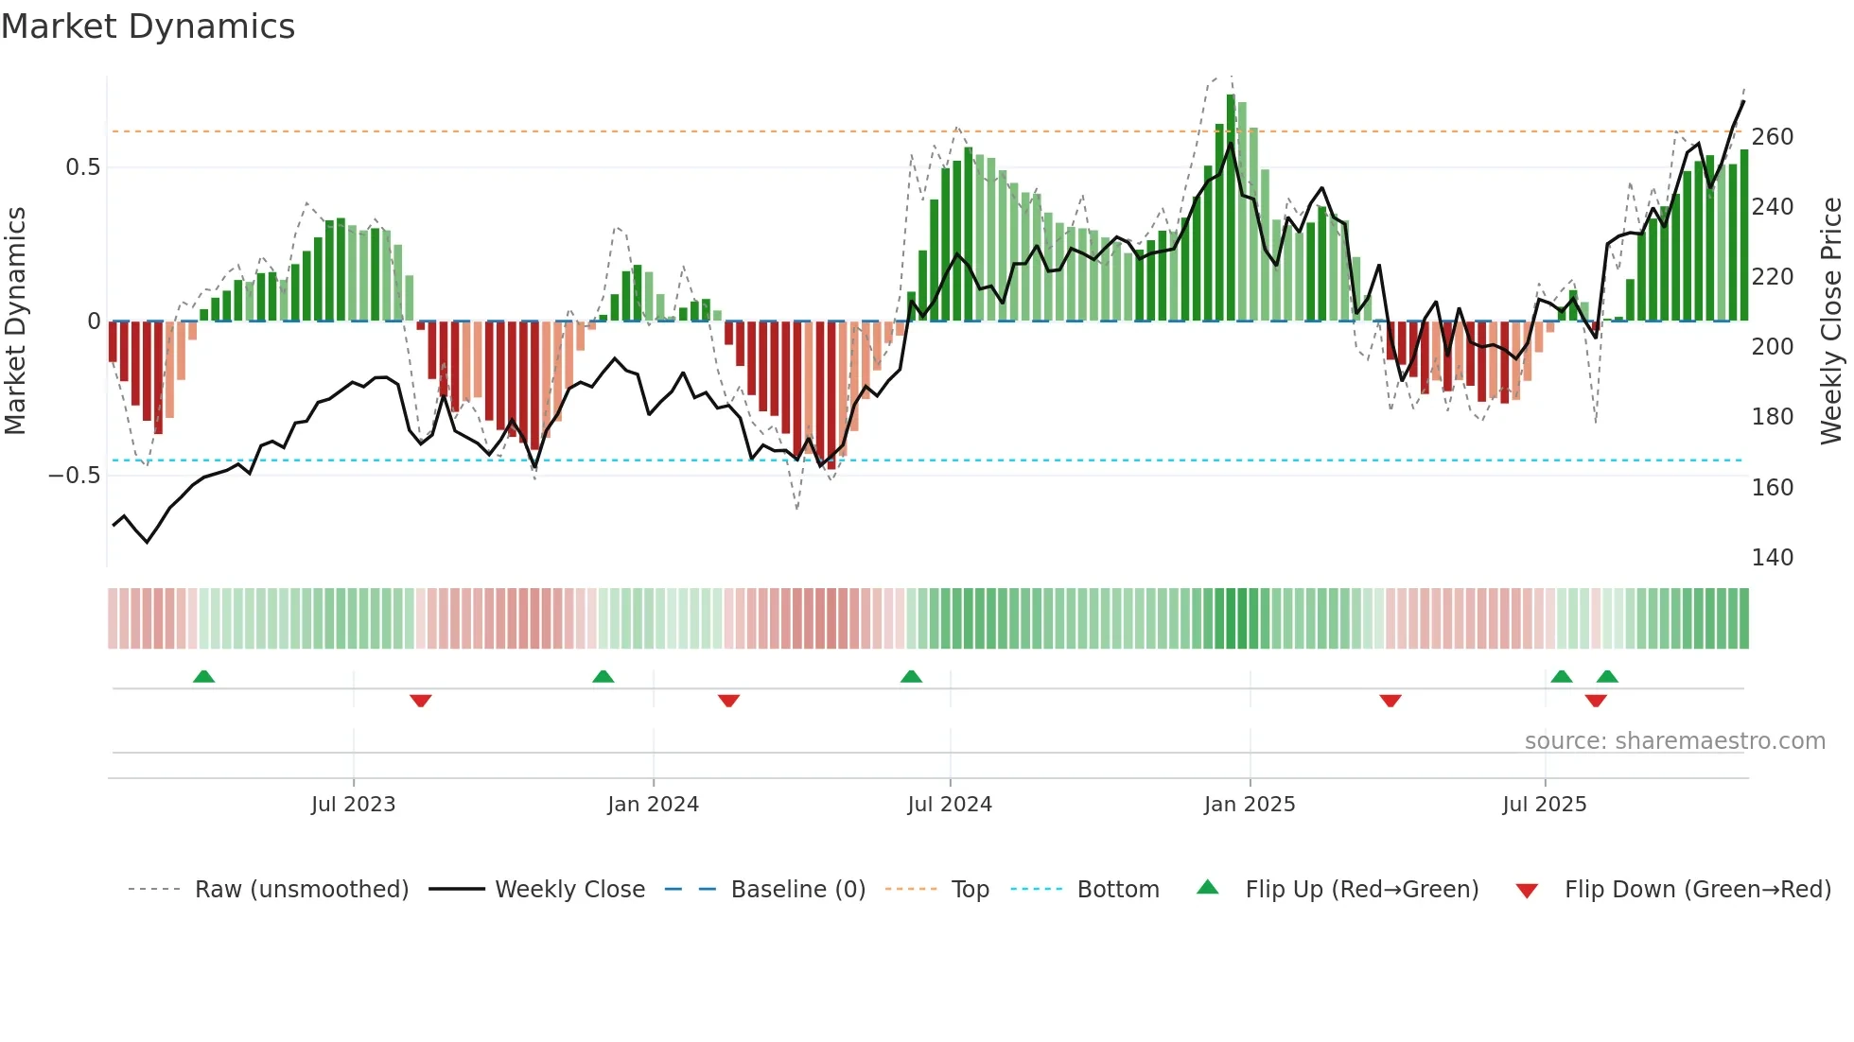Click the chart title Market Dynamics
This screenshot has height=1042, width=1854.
[x=149, y=26]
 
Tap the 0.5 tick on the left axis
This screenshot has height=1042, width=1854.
[x=82, y=167]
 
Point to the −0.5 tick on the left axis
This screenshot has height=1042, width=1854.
[x=74, y=475]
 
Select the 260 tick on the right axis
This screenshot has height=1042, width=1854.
[x=1772, y=137]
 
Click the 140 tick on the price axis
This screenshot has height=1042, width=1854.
[x=1772, y=557]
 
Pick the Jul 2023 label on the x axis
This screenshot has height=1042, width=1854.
[x=353, y=805]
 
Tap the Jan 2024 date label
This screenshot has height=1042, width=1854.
[x=653, y=805]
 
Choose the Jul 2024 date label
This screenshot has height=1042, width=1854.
[x=950, y=805]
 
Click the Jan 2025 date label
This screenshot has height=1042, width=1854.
[x=1250, y=805]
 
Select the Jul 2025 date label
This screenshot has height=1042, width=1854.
[x=1545, y=805]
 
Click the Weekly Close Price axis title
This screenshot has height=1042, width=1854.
[x=1832, y=321]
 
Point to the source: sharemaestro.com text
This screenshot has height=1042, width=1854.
[x=1674, y=741]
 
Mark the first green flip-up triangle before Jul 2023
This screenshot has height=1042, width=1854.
[x=203, y=676]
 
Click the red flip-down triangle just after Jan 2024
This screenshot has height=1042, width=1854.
[x=728, y=701]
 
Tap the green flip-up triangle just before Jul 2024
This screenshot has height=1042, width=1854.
[x=911, y=676]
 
